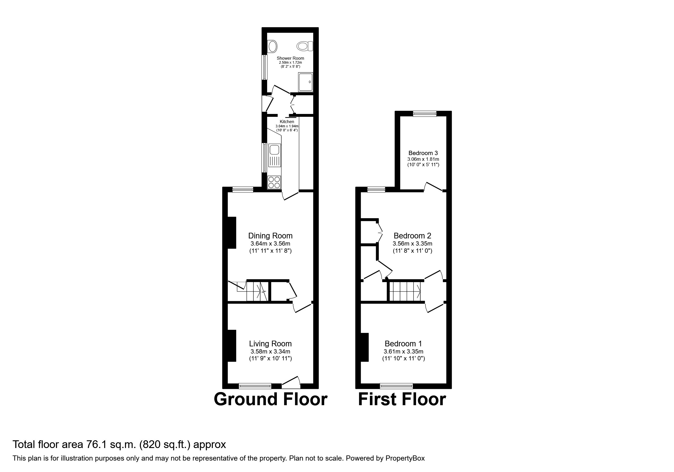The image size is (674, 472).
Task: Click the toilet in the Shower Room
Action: [x=305, y=46]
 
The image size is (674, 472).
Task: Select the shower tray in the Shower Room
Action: [x=306, y=82]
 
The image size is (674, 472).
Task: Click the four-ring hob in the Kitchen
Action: [x=274, y=182]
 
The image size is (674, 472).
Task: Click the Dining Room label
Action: [x=270, y=236]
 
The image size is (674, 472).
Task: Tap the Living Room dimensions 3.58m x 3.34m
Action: [x=270, y=352]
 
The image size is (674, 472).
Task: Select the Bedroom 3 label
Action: [x=423, y=153]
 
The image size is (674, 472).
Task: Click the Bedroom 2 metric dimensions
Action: [x=412, y=244]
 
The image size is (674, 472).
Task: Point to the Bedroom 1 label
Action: [x=403, y=343]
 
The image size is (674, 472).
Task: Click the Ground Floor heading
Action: [x=270, y=399]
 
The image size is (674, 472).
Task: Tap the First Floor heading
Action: [x=402, y=399]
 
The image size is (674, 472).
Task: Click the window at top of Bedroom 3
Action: [x=425, y=114]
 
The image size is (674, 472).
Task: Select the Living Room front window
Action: [x=255, y=386]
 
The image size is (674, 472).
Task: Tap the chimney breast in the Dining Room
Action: [x=232, y=233]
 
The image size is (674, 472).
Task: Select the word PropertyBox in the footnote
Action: [x=405, y=458]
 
